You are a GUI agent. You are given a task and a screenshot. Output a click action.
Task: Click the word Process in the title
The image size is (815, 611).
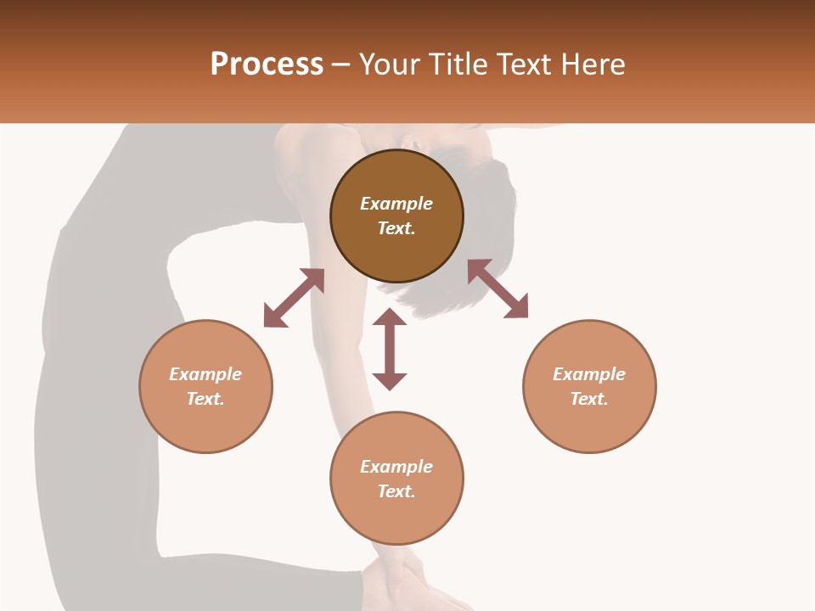tap(267, 64)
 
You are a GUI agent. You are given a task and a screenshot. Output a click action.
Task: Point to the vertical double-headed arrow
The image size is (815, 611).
tap(390, 349)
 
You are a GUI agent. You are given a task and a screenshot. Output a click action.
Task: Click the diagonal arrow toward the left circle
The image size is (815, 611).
tap(294, 298)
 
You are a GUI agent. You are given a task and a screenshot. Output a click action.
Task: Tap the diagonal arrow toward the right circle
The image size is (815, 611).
tap(497, 289)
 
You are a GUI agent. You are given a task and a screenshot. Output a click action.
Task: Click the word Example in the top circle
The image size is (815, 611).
tap(396, 204)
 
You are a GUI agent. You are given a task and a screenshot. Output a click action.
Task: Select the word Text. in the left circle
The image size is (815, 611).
tap(205, 399)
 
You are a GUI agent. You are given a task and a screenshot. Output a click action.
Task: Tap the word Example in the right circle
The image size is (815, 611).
tap(589, 374)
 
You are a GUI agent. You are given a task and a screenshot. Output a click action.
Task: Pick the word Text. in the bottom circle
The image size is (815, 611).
tap(396, 491)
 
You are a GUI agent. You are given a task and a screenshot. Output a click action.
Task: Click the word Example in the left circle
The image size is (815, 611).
tap(205, 374)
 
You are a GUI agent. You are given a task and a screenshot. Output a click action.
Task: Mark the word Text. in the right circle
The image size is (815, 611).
tap(589, 399)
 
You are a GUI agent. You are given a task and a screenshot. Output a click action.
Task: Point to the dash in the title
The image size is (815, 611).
tap(341, 64)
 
